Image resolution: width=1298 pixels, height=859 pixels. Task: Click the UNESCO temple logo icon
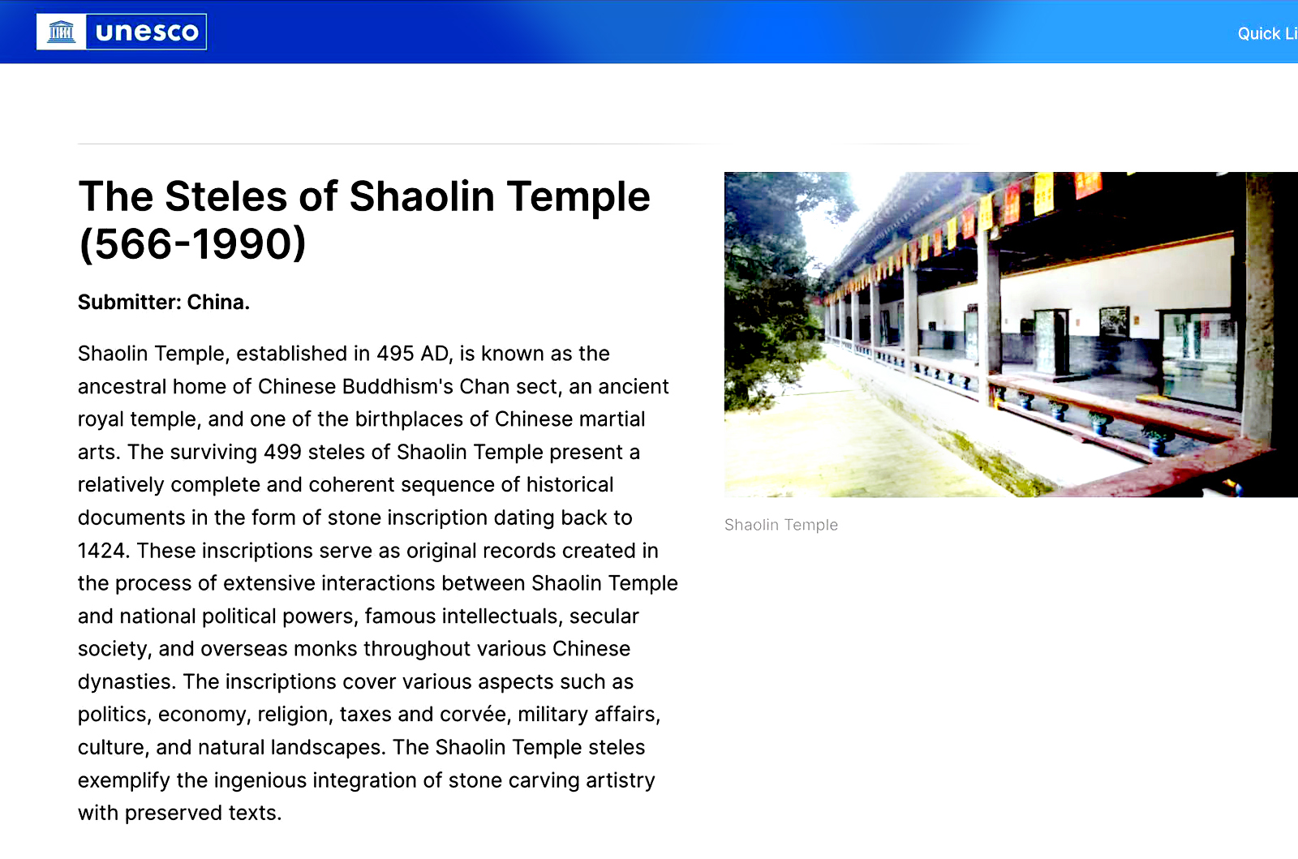pos(62,32)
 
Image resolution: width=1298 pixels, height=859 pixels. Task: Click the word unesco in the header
pos(147,32)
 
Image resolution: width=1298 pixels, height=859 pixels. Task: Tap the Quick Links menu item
pos(1267,33)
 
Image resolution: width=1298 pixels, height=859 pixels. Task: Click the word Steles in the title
pos(226,196)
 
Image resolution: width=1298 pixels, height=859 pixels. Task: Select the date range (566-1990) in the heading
pos(191,244)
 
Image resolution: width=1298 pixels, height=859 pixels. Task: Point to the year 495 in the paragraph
pos(395,354)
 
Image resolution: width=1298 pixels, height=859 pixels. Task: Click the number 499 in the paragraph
pos(282,452)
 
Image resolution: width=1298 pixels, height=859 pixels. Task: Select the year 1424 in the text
pos(101,550)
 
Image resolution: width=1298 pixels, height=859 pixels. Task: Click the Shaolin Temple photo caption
pos(781,525)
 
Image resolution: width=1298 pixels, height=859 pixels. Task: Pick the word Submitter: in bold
pos(130,302)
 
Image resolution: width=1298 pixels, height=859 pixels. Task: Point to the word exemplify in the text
pos(124,780)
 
